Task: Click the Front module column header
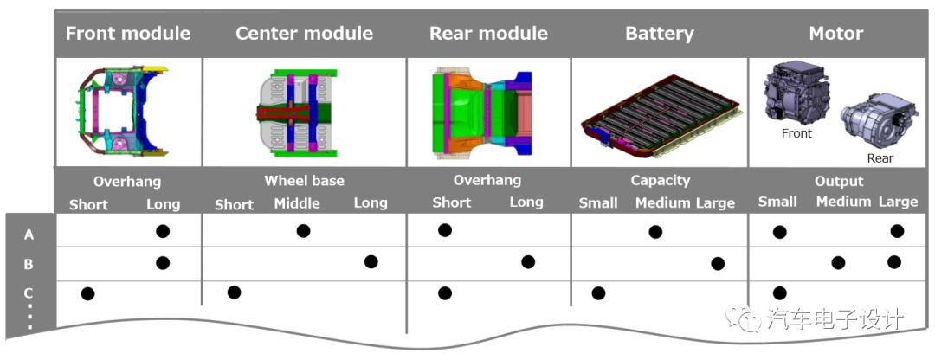coord(128,34)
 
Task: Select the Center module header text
coord(304,34)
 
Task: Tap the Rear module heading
coord(488,34)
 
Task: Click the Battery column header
coord(660,34)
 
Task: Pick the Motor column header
coord(835,34)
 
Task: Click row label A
coord(29,235)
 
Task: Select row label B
coord(29,264)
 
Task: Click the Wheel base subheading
coord(304,181)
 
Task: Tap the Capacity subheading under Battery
coord(660,181)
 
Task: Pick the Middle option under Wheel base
coord(297,203)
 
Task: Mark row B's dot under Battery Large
coord(718,264)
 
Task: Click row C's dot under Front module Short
coord(87,293)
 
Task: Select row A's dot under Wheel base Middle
coord(303,231)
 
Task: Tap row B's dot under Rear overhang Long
coord(528,262)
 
